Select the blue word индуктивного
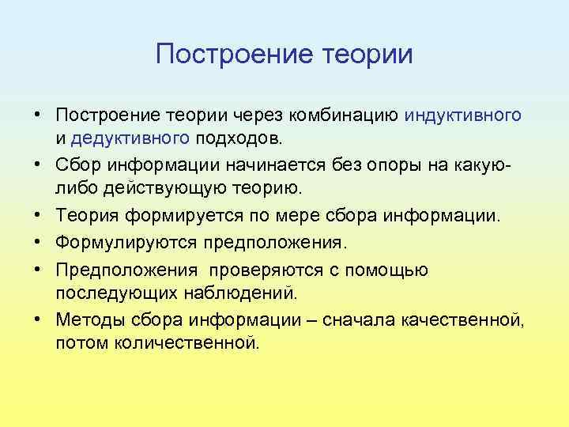pos(463,115)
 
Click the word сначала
pos(370,321)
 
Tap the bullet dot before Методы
pos(38,321)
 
